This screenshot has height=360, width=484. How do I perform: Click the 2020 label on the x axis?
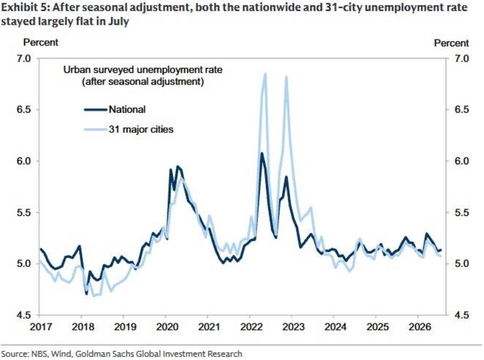click(x=167, y=327)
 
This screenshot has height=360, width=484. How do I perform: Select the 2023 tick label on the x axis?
click(x=293, y=327)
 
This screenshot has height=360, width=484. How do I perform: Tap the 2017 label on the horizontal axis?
click(x=41, y=327)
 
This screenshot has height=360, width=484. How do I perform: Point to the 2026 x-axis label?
click(x=420, y=327)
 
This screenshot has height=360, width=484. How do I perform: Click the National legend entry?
click(x=115, y=109)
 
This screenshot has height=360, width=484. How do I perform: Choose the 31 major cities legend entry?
click(x=129, y=129)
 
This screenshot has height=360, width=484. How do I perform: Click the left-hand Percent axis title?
click(x=41, y=42)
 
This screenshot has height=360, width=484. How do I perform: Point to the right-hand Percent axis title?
click(x=451, y=43)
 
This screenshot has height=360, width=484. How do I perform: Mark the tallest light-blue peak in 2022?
click(x=265, y=73)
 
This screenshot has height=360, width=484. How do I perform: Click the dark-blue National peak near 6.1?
click(x=262, y=153)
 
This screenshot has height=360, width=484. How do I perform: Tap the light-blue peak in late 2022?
click(x=286, y=77)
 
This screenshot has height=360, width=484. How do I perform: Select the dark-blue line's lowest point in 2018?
click(x=87, y=294)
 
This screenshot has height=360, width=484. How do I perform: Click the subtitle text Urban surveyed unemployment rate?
click(x=143, y=70)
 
